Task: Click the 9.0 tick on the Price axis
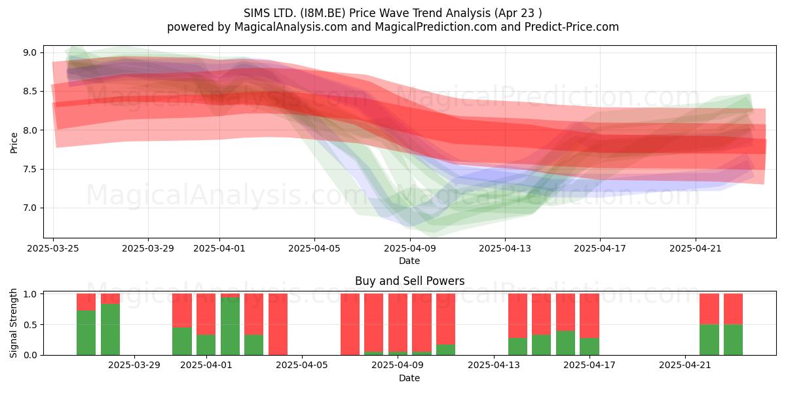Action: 30,52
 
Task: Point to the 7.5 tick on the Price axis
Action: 30,169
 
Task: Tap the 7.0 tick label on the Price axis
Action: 30,208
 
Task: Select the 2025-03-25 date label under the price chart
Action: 53,248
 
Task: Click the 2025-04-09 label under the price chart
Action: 410,248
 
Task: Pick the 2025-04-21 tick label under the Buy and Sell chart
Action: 685,365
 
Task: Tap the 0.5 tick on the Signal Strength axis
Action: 30,325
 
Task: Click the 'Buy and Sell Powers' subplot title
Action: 410,281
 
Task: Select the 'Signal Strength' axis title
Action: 13,323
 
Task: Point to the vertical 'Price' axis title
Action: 14,143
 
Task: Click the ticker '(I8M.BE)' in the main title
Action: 322,13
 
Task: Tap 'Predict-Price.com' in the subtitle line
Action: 572,27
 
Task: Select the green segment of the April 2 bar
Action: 230,326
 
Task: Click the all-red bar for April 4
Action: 278,324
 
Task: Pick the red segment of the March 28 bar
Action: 110,299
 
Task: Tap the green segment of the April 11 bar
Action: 445,350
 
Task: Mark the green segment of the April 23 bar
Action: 733,340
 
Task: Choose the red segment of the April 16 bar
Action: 565,312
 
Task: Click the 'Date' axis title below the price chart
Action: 409,261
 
